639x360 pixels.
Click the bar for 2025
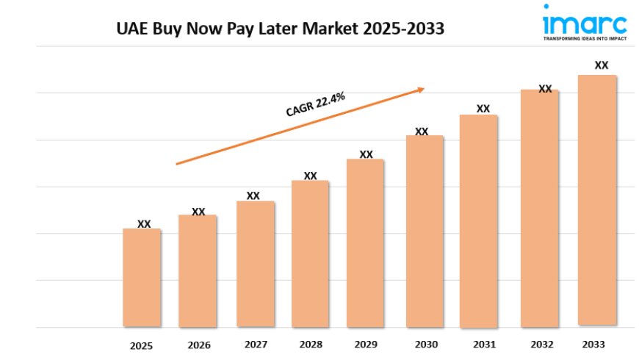142,278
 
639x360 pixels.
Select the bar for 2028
310,253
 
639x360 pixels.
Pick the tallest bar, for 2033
597,200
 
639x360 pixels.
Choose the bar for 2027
255,264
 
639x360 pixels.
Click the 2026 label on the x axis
198,345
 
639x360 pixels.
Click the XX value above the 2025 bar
144,224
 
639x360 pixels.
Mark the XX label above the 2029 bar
366,154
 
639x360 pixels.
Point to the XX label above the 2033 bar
601,65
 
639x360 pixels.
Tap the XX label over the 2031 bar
483,109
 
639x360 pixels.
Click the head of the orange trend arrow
421,90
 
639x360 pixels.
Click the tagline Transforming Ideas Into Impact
585,39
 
